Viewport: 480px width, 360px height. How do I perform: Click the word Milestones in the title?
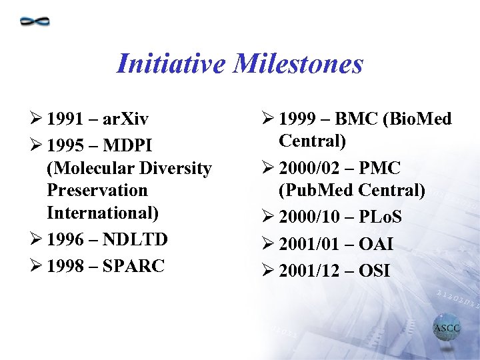(305, 64)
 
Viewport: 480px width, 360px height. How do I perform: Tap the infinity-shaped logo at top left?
(35, 21)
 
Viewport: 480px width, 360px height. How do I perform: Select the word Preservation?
(97, 191)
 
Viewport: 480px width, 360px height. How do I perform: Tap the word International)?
(103, 213)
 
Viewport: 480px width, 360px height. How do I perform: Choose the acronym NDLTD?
(136, 239)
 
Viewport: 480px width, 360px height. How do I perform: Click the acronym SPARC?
(133, 265)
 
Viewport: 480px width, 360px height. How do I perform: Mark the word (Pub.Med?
(315, 191)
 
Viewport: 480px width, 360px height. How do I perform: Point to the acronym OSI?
(375, 271)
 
